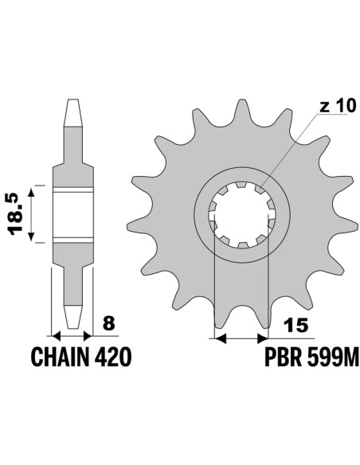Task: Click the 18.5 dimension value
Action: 14,215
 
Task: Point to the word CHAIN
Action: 63,355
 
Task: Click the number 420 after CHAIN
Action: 114,355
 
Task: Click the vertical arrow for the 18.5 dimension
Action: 32,215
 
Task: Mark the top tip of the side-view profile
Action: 72,101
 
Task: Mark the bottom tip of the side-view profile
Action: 72,326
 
